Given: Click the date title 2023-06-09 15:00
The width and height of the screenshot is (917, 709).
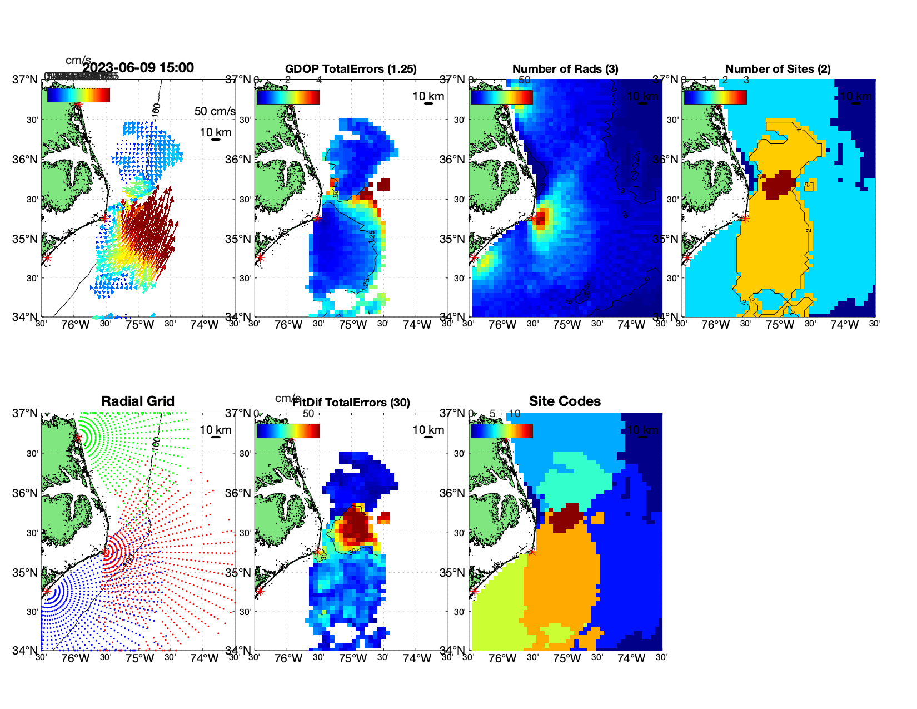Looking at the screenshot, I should click(138, 68).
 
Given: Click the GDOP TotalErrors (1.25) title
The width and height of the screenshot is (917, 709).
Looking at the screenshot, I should click(351, 69).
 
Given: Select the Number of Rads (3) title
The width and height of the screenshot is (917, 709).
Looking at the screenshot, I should click(565, 69).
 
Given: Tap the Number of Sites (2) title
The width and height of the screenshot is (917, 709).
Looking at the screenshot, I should click(778, 69).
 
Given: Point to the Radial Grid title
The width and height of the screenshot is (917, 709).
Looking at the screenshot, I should click(138, 401).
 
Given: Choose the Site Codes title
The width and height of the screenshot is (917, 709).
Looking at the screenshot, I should click(565, 401).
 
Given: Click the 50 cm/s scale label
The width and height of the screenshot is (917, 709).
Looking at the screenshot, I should click(215, 111).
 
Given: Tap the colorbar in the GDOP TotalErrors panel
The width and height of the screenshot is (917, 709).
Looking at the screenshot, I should click(288, 97).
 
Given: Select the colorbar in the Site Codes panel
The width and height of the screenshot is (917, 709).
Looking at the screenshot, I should click(501, 430).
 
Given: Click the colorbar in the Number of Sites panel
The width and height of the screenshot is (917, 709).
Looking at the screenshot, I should click(715, 97).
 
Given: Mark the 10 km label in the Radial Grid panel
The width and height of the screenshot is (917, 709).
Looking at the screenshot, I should click(215, 430).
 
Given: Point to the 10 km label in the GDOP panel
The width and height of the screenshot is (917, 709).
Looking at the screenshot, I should click(428, 96).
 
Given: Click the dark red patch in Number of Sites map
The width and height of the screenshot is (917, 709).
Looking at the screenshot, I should click(778, 184).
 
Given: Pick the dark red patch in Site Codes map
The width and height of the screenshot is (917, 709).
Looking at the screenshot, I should click(566, 517).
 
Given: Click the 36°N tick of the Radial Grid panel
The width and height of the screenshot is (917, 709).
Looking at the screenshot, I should click(25, 493).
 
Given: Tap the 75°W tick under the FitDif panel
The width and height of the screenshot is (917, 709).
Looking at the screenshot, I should click(353, 658).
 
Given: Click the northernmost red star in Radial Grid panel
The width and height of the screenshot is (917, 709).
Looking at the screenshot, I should click(78, 438).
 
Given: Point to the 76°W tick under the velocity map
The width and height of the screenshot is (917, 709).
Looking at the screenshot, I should click(76, 325).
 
